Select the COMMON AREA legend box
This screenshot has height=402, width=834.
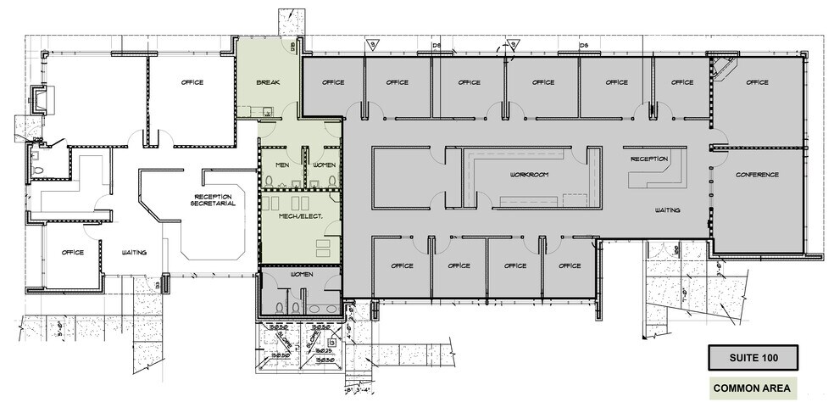coord(752,388)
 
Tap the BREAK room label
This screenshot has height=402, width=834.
coord(270,83)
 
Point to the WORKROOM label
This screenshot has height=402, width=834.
coord(530,175)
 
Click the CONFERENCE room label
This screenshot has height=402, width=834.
coord(757,175)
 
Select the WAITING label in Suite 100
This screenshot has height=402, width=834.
coord(667,209)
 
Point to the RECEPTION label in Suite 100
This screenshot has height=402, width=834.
coord(650,159)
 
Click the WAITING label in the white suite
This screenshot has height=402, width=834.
coord(133,252)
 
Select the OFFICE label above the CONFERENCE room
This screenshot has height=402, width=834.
coord(757,82)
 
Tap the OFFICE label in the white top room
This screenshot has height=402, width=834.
coord(195,82)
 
